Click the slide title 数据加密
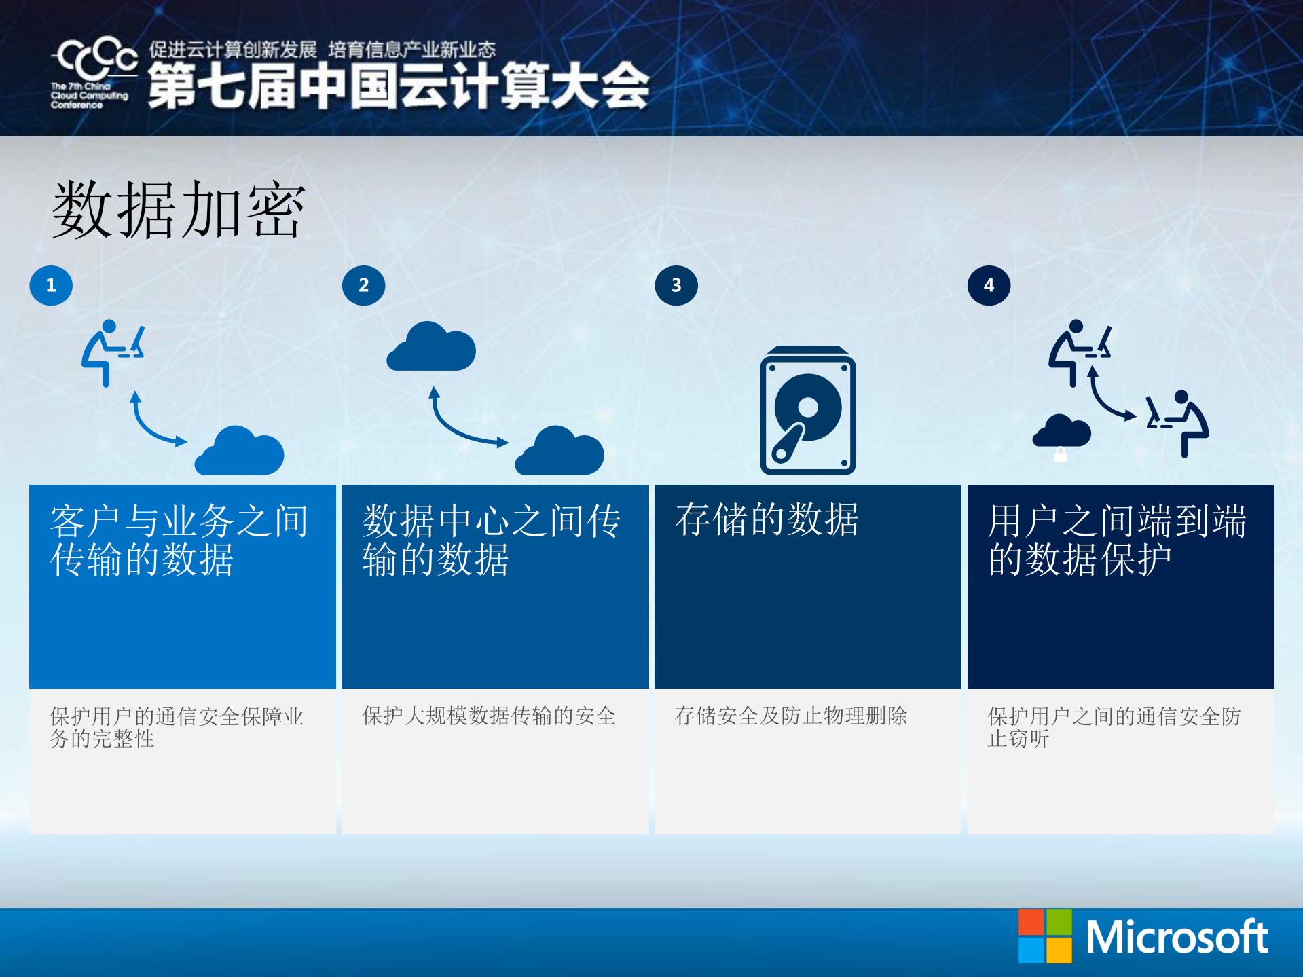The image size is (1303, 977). pos(179,210)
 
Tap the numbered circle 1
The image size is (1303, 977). pos(51,285)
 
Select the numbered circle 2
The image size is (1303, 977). pos(363,285)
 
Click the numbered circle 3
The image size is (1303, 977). pos(676,285)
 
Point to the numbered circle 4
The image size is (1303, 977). pos(989,285)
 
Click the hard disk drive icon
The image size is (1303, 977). pos(807,411)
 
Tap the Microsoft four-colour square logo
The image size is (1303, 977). pos(1045,936)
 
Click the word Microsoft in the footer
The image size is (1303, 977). pos(1177,938)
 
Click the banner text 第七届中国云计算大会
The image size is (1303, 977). pos(399,86)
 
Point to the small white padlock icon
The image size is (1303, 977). pos(1060,454)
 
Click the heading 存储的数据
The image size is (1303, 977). pos(767,520)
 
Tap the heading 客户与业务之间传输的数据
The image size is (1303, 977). pos(179,540)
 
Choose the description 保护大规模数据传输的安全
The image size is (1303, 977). pos(489,716)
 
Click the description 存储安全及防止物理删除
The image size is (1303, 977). pos(790,716)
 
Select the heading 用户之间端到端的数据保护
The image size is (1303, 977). pos(1117,540)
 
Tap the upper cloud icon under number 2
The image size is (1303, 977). pos(431,347)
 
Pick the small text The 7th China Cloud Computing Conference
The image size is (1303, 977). pos(89,96)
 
